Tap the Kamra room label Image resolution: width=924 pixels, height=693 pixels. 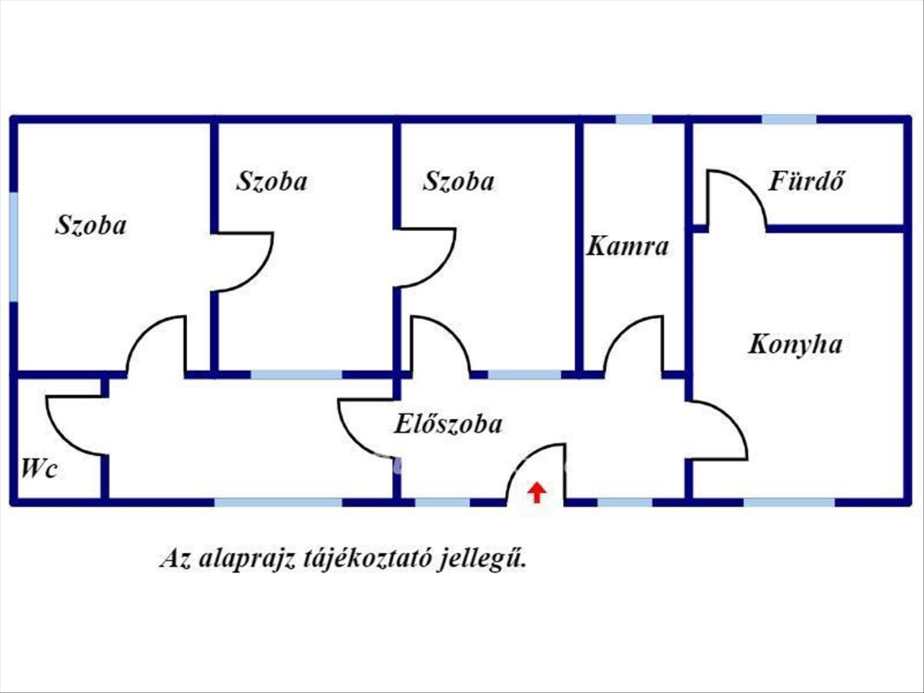(628, 246)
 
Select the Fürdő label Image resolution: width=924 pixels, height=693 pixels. (805, 181)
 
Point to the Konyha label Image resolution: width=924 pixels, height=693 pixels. (795, 345)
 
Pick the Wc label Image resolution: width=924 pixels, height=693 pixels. (39, 468)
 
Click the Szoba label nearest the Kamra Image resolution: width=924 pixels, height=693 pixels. (458, 182)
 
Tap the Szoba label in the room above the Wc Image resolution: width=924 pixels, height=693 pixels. (91, 225)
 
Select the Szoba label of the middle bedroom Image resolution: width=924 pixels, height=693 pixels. (272, 182)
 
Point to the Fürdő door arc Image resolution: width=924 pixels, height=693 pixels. (749, 188)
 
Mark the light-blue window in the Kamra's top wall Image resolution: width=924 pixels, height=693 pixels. (634, 119)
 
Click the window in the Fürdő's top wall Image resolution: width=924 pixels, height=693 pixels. (789, 119)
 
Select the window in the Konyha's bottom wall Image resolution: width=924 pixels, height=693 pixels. (789, 502)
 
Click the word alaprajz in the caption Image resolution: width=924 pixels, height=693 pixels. (246, 559)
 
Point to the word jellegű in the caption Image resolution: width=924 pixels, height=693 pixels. (481, 559)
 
